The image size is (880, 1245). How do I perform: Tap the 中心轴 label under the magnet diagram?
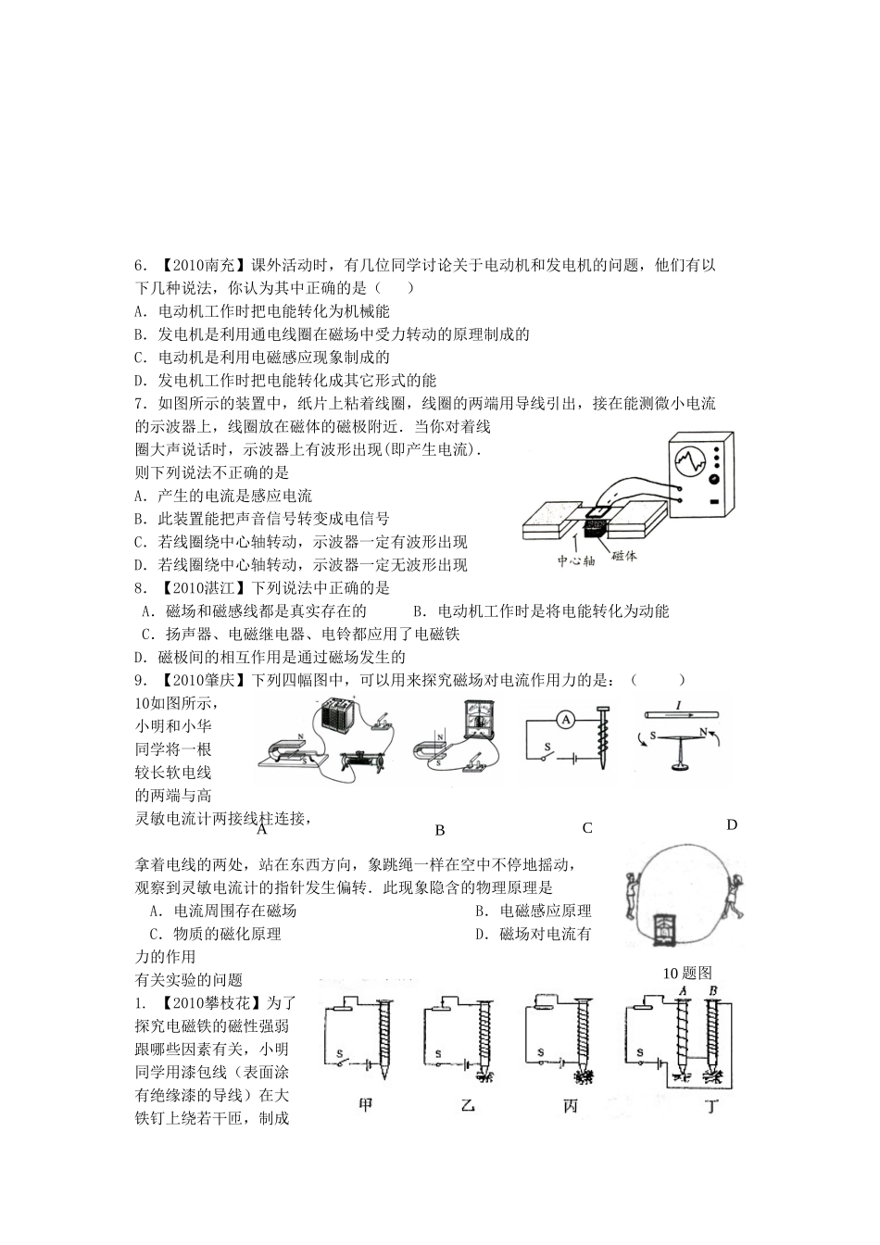click(574, 560)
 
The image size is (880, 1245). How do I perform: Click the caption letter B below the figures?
click(440, 830)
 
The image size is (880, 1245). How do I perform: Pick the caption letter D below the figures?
click(732, 824)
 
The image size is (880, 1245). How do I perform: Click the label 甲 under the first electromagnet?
click(365, 1104)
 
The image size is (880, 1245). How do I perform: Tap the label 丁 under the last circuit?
click(710, 1105)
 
